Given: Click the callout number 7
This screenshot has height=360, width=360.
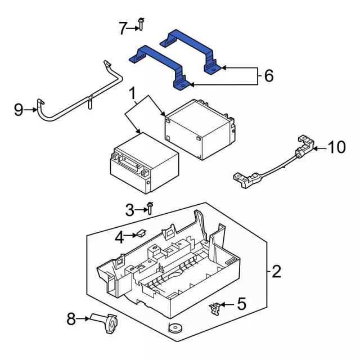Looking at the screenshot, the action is click(123, 28).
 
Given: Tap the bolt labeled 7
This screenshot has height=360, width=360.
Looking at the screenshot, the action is click(141, 24).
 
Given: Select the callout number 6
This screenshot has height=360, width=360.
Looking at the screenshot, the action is click(269, 76).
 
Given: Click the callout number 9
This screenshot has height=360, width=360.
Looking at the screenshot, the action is click(19, 110).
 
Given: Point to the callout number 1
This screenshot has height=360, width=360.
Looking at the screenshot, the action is click(133, 93).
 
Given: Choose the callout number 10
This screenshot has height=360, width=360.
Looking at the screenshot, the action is click(337, 147).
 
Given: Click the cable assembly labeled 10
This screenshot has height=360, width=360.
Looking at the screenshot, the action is click(273, 162).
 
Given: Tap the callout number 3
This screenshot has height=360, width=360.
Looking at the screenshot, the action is click(130, 210).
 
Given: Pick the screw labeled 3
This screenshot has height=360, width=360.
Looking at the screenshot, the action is click(150, 208).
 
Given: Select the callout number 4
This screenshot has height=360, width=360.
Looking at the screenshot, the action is click(119, 237).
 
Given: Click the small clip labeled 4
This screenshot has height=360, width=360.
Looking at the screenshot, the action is click(141, 233).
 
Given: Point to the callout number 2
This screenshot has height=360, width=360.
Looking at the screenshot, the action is click(276, 272).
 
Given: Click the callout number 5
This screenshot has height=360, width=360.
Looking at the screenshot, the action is click(241, 304).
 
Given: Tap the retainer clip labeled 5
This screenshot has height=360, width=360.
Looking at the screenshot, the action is click(215, 308).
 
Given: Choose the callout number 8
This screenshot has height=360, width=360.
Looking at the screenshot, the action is click(71, 319).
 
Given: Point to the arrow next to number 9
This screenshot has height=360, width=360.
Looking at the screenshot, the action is click(30, 110).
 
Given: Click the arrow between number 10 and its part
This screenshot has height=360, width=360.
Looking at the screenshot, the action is click(320, 148).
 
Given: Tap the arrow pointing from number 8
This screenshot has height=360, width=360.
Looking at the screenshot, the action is click(83, 319).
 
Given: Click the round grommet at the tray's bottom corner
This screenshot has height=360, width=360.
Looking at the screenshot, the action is click(175, 327).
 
